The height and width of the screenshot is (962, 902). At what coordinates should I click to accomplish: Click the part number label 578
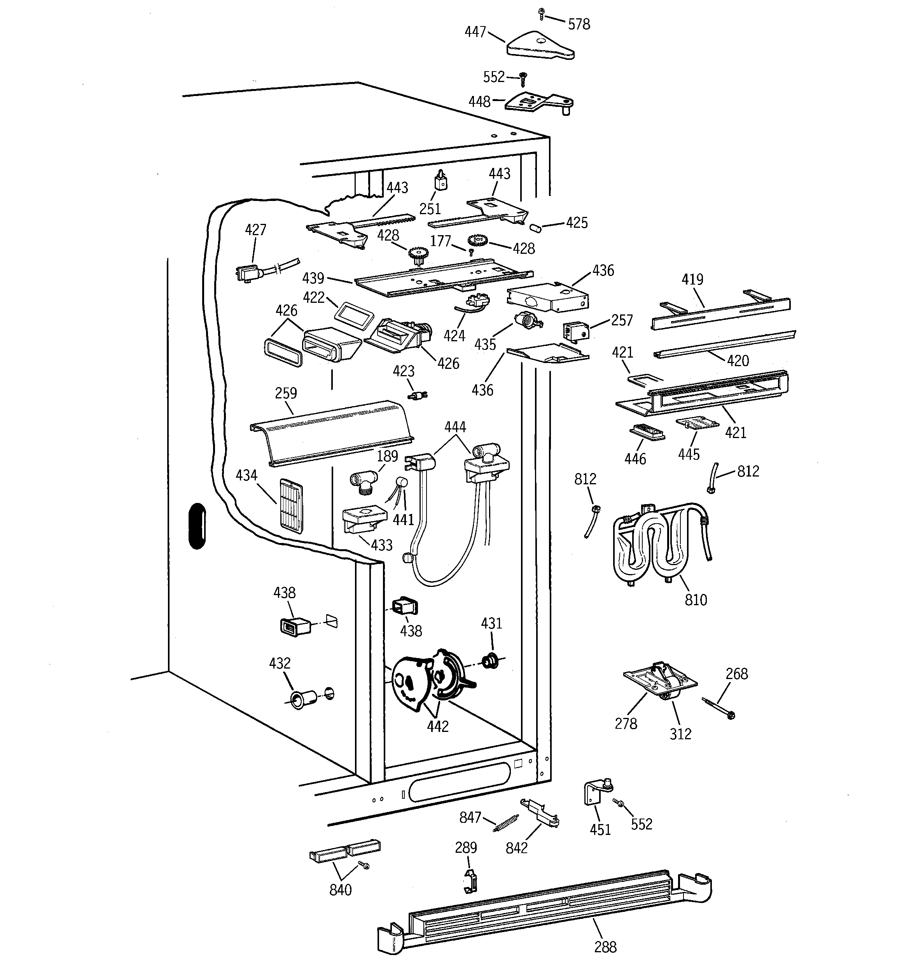coord(579,24)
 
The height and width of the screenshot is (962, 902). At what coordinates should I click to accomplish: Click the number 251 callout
coord(430,209)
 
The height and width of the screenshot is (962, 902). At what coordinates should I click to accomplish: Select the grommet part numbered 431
coord(490,660)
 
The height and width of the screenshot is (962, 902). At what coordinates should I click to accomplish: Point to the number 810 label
coord(696,600)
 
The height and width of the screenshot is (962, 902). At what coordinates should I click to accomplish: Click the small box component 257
coord(575,332)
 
